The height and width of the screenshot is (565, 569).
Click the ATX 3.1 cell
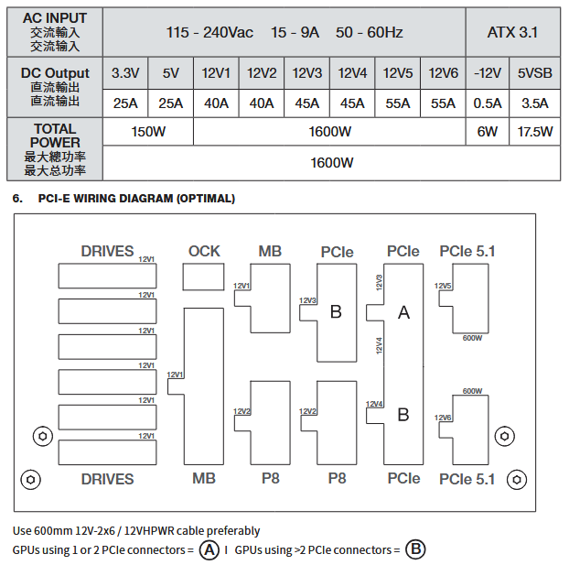tap(512, 32)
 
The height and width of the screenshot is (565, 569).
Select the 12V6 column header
tap(443, 73)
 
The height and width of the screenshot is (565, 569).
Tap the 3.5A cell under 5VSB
tap(535, 103)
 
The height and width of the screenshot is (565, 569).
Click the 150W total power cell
tap(147, 132)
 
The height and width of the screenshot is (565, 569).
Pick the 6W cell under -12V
tap(488, 132)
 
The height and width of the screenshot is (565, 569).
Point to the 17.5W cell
tap(535, 132)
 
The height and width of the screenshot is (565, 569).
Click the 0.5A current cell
tap(488, 103)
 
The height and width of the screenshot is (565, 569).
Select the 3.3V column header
tap(124, 73)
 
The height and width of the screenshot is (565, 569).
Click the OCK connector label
tap(204, 251)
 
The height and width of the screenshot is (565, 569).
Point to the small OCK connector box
tap(204, 278)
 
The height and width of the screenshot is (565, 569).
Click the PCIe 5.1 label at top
tap(467, 251)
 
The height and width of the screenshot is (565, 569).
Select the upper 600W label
tap(472, 338)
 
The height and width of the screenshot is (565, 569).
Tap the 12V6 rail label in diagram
tap(444, 418)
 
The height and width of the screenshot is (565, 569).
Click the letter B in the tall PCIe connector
tap(403, 415)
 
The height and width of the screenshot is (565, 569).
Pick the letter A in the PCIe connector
tap(403, 313)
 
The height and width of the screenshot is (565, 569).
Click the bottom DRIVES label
tap(107, 479)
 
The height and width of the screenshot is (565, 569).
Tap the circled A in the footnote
tap(209, 550)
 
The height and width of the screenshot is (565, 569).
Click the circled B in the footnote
tap(415, 550)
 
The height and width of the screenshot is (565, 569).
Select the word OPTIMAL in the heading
tap(204, 198)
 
